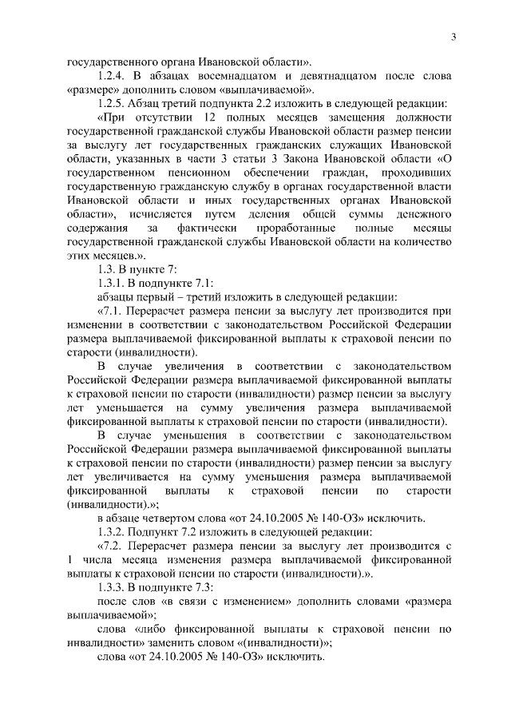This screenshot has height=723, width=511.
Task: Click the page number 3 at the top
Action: coord(452,37)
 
